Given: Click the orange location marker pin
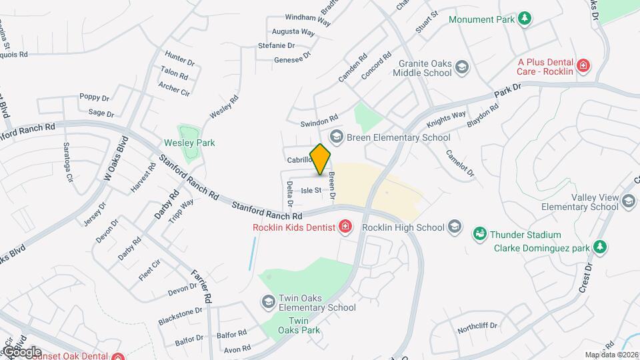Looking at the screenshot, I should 321,159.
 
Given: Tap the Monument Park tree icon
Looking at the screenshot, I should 525,19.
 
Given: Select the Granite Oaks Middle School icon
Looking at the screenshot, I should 462,67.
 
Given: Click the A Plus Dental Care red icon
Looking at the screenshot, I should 583,65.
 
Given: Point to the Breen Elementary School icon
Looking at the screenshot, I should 337,137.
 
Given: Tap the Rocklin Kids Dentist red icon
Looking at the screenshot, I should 345,227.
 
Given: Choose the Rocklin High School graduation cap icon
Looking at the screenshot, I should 455,227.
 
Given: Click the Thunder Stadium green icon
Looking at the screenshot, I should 479,235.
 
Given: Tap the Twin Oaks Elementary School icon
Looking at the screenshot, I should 268,302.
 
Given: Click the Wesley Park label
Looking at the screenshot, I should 189,143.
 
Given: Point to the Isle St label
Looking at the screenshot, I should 311,191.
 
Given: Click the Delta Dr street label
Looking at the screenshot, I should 290,192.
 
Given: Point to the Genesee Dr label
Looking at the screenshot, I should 293,59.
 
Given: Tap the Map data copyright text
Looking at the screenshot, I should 611,354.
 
